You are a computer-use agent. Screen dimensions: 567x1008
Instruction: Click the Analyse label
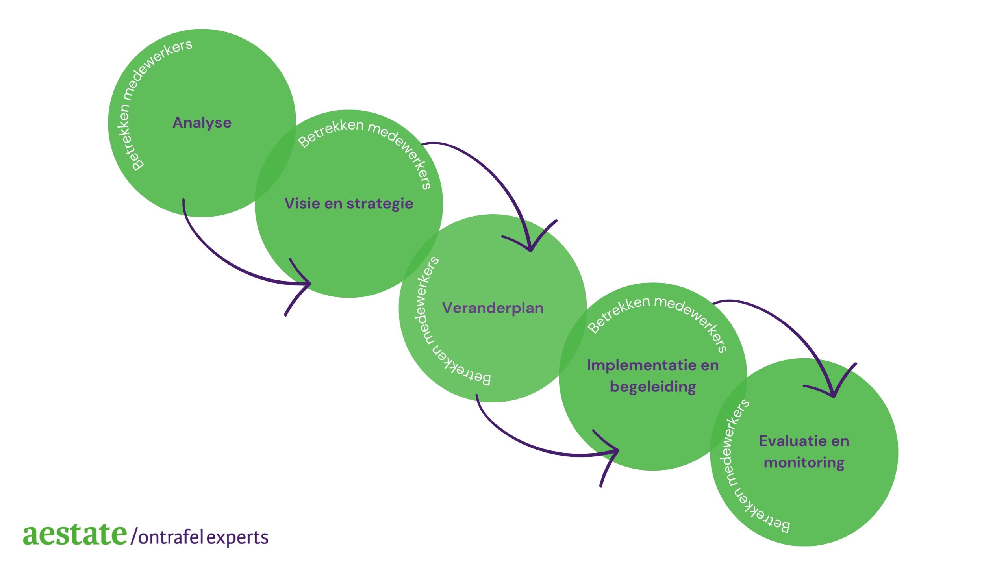(202, 123)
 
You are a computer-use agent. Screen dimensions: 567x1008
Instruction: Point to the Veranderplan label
(493, 308)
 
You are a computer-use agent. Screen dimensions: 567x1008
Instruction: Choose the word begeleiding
(653, 387)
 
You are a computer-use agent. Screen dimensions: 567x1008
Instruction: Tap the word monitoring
(804, 463)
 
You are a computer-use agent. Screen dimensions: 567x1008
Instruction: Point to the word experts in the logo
(237, 538)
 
